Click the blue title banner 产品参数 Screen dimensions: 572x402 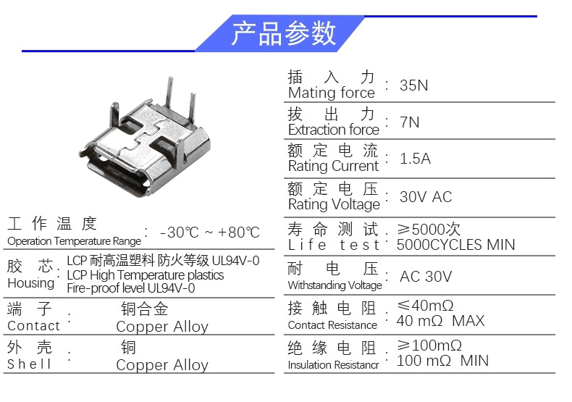[280, 33]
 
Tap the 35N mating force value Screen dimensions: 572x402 [413, 85]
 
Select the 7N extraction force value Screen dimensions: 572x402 [409, 122]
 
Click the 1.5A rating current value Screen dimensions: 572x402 [415, 159]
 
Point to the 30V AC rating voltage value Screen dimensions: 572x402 [426, 197]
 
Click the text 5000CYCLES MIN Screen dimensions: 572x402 [455, 245]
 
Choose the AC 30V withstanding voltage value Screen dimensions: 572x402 [426, 277]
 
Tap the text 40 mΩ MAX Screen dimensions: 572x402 [440, 321]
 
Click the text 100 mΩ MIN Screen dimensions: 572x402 [442, 361]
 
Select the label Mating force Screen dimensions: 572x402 [331, 93]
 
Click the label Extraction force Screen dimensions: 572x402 [333, 130]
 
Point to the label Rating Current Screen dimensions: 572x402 [333, 167]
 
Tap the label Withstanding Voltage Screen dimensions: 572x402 [335, 285]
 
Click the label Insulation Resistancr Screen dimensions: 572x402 [333, 365]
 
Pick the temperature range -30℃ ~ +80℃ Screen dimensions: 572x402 [210, 233]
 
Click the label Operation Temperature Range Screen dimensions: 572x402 [74, 241]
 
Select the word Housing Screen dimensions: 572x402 [31, 283]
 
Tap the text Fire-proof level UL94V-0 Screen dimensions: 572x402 [131, 288]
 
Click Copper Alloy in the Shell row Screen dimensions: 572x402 [162, 365]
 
